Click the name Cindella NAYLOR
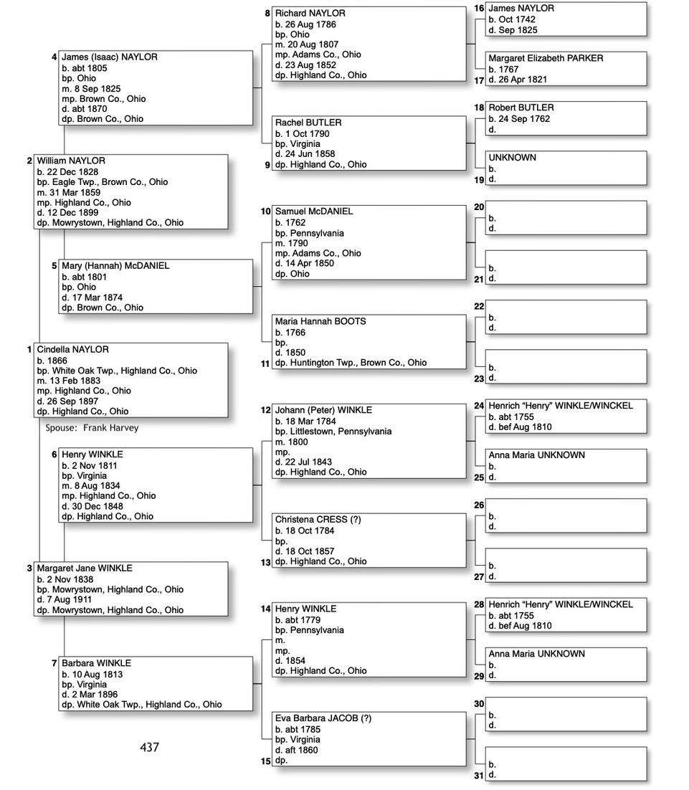coord(73,350)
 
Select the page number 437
coord(149,747)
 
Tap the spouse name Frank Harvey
coord(110,428)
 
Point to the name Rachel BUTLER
coord(308,123)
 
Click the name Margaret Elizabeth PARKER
coord(546,58)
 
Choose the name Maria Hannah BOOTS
coord(320,322)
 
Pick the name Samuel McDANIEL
coord(314,211)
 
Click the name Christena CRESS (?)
coord(318,520)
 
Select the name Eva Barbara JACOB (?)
coord(323,718)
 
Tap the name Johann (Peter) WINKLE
coord(323,410)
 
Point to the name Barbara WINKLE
coord(96,664)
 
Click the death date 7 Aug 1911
coord(75,600)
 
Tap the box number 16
coord(479,8)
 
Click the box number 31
coord(479,776)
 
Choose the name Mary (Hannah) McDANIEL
coord(115,266)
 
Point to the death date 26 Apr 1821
coord(521,80)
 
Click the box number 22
coord(479,306)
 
